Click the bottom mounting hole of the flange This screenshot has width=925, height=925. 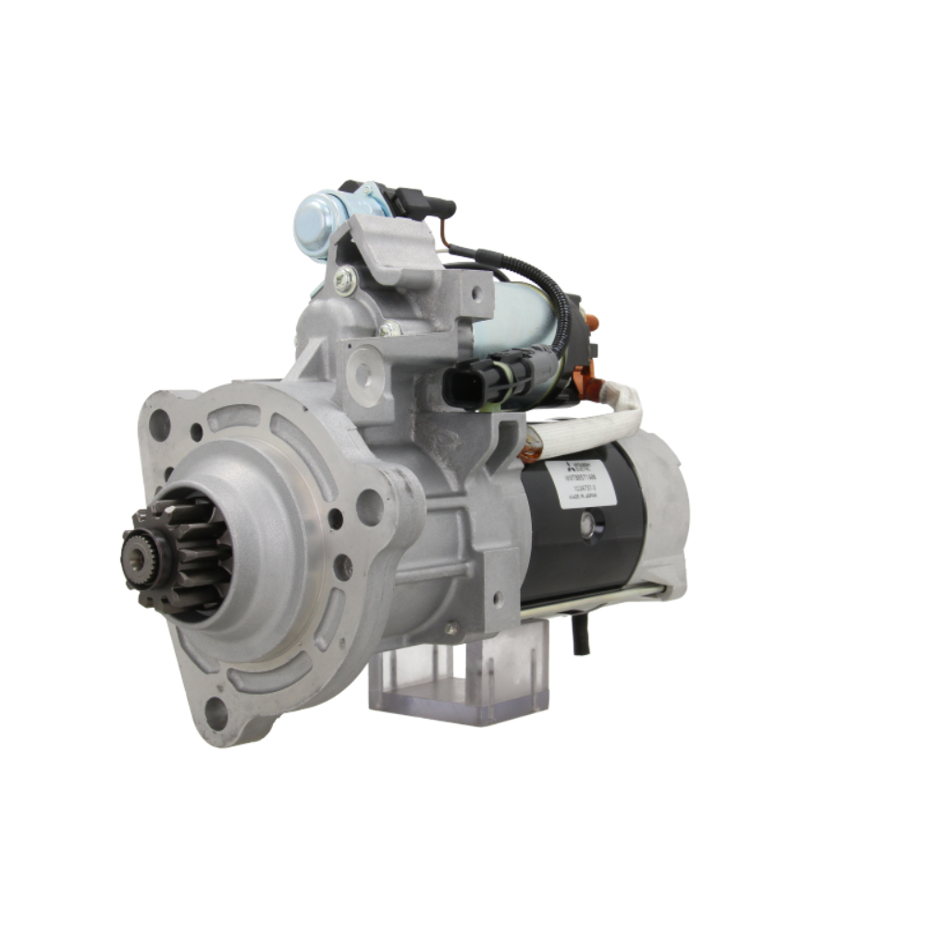[216, 712]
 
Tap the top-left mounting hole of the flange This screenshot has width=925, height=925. [159, 425]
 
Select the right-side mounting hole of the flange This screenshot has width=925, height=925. [369, 507]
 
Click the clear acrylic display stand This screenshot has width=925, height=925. [458, 675]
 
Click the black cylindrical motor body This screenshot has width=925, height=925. [583, 555]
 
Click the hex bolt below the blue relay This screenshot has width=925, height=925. [345, 280]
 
